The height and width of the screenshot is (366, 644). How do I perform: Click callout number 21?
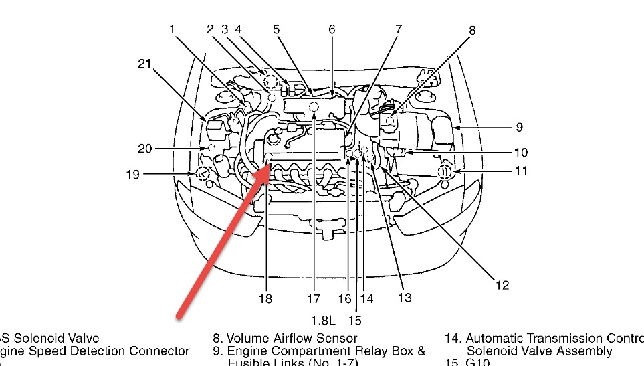(x=144, y=64)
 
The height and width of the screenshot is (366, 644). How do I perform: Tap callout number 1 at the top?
(x=172, y=29)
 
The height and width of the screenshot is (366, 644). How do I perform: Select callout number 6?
(x=332, y=29)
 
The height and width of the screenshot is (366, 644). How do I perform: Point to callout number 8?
(x=473, y=29)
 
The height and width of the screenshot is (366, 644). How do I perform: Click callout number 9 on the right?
(x=519, y=127)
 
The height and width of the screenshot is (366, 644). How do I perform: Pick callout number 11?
(x=520, y=171)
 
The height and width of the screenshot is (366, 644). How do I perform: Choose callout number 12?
(x=502, y=286)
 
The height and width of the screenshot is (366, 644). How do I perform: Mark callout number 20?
(x=145, y=148)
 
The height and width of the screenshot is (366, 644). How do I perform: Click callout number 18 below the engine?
(x=265, y=298)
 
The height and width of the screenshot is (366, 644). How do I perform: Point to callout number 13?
(x=404, y=298)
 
